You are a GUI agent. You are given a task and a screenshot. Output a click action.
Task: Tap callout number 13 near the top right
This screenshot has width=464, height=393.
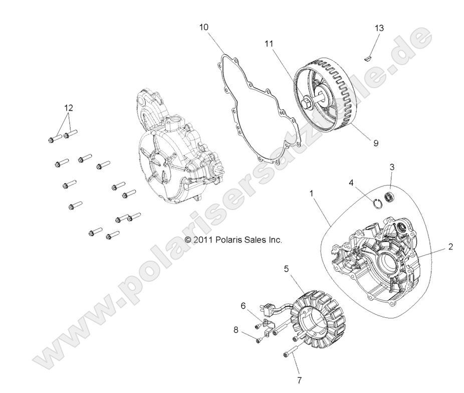[379, 28]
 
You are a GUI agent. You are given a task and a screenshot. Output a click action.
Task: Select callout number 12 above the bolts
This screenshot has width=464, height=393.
[68, 108]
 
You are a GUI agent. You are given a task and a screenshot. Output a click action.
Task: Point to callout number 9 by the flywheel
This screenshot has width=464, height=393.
[375, 143]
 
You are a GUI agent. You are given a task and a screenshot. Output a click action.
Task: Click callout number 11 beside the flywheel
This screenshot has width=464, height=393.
[270, 44]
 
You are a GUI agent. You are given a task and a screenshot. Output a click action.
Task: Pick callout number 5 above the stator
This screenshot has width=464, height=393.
[286, 269]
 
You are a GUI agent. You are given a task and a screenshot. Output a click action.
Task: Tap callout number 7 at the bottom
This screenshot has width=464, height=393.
[299, 380]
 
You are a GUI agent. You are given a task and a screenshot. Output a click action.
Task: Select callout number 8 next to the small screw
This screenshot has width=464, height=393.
[236, 330]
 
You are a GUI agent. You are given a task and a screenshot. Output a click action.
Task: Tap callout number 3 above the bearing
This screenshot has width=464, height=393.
[392, 166]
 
